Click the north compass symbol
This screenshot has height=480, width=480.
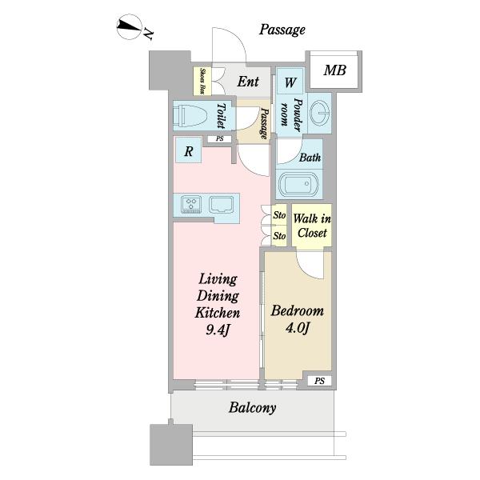[129, 26]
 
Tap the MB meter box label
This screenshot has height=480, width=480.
[335, 70]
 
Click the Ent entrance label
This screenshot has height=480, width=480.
[248, 82]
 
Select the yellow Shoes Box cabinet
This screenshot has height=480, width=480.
[202, 81]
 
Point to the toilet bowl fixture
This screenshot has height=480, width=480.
[190, 116]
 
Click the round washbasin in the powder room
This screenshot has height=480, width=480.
[319, 113]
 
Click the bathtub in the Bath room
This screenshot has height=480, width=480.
[298, 184]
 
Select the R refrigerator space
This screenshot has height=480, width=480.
[188, 150]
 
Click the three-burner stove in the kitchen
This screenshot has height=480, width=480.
[191, 204]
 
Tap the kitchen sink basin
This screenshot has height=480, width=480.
[222, 204]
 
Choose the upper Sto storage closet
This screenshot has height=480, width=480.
[279, 214]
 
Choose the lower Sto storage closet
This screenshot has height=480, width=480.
[279, 236]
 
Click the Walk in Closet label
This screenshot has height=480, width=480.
[312, 226]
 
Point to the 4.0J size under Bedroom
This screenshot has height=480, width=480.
[298, 328]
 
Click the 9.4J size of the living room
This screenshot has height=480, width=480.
[218, 330]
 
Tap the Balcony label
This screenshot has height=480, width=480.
[253, 408]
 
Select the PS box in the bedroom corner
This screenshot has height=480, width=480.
[319, 381]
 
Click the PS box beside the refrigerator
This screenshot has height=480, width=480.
[219, 139]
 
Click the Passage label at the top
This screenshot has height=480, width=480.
[282, 30]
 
